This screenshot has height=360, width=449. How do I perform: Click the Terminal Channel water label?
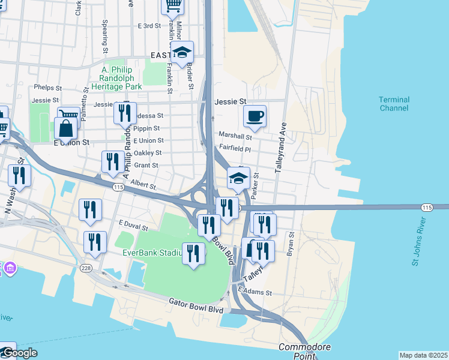point(394,104)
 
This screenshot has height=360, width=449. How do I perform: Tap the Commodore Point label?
point(298,352)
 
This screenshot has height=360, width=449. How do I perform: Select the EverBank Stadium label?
point(152,253)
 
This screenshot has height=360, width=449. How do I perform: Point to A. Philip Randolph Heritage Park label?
point(117,78)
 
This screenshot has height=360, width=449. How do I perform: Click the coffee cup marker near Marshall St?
point(255,116)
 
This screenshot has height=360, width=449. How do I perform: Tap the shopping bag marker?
point(65,128)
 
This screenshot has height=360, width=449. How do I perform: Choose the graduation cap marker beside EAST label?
point(182,52)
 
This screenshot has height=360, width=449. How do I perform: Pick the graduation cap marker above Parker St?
point(238,178)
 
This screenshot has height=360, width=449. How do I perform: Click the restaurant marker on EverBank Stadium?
point(193,254)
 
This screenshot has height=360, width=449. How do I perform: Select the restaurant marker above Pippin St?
point(125,113)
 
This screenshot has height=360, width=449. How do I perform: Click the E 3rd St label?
point(149,26)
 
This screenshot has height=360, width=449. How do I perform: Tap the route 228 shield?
point(88,268)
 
